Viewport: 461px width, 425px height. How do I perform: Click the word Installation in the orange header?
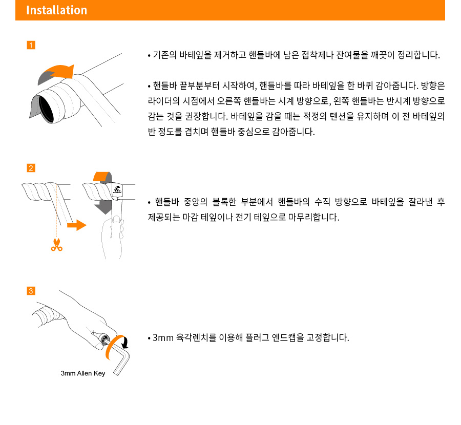pos(56,10)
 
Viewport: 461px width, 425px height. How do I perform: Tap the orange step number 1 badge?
pos(31,45)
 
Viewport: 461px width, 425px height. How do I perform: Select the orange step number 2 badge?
pos(31,168)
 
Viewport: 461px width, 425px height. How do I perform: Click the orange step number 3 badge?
pos(31,291)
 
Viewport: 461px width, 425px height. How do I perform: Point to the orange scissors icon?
pos(57,245)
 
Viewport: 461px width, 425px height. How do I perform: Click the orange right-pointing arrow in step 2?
pos(77,225)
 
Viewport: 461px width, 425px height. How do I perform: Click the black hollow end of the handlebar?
pos(46,109)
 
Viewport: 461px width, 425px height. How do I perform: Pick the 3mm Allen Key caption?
pos(83,373)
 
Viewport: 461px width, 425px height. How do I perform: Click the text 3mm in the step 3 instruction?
pos(163,338)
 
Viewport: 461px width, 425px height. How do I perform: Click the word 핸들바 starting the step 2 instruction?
pos(167,202)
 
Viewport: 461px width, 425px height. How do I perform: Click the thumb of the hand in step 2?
pos(116,220)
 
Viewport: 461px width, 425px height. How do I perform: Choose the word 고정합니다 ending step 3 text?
pos(327,337)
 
